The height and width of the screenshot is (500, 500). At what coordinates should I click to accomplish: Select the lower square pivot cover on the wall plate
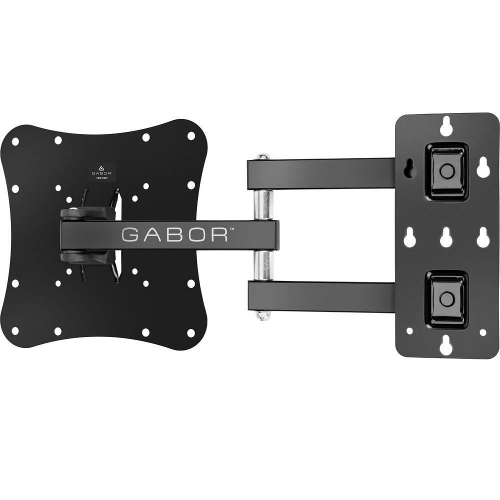[446, 299]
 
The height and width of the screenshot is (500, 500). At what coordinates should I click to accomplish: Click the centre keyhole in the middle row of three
[446, 237]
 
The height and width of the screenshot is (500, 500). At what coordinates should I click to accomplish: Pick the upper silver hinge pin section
[263, 204]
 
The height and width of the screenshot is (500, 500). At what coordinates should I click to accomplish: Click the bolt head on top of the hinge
[263, 157]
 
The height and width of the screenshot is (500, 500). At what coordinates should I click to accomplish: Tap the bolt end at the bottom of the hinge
[263, 315]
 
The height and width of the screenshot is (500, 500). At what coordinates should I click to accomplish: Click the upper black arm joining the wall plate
[325, 173]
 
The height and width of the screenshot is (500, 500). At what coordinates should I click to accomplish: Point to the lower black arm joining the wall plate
[325, 297]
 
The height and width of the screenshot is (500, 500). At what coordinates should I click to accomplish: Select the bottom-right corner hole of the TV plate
[190, 332]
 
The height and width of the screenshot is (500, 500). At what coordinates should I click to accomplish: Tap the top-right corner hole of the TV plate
[190, 136]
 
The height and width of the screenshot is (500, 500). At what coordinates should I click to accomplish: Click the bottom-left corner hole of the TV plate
[15, 330]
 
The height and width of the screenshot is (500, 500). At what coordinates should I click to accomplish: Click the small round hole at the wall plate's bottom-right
[482, 332]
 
